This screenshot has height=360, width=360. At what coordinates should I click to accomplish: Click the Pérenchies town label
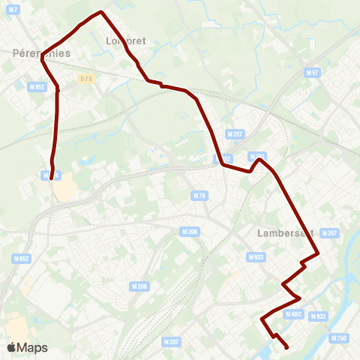point(42,53)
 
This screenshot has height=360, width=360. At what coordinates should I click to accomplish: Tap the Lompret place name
point(126,41)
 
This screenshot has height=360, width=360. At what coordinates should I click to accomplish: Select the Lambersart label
point(285,233)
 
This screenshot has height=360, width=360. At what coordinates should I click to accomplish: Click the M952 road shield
point(37,87)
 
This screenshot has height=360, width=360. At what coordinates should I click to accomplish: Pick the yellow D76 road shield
point(85,78)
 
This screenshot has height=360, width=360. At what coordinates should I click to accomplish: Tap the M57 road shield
point(313,73)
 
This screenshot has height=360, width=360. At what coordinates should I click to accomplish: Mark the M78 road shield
point(199,196)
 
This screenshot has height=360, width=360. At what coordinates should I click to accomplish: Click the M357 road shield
point(329,233)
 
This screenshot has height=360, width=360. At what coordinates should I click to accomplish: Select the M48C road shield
point(293,313)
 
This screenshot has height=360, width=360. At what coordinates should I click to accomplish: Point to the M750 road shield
point(339,338)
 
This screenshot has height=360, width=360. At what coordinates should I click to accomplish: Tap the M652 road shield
point(21,258)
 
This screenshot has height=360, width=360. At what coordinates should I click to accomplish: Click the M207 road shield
point(172,341)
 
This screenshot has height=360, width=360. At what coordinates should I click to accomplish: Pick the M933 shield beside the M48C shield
point(318,316)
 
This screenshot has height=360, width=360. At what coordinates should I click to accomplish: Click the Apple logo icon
point(11,348)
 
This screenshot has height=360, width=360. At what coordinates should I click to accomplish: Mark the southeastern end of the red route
point(288,347)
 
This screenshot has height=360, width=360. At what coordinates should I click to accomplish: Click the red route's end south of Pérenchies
point(52,179)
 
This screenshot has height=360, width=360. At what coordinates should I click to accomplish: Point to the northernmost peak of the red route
point(100,12)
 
